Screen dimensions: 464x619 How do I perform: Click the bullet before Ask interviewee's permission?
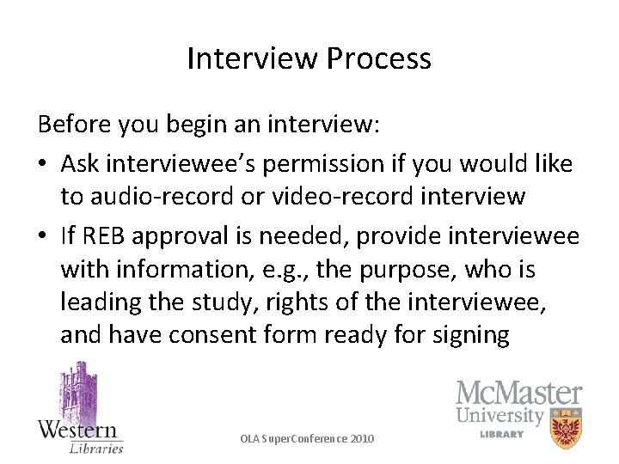pos(43,164)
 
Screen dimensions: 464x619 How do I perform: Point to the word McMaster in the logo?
pos(518,394)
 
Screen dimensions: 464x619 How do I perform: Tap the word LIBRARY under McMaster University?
pos(502,434)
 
